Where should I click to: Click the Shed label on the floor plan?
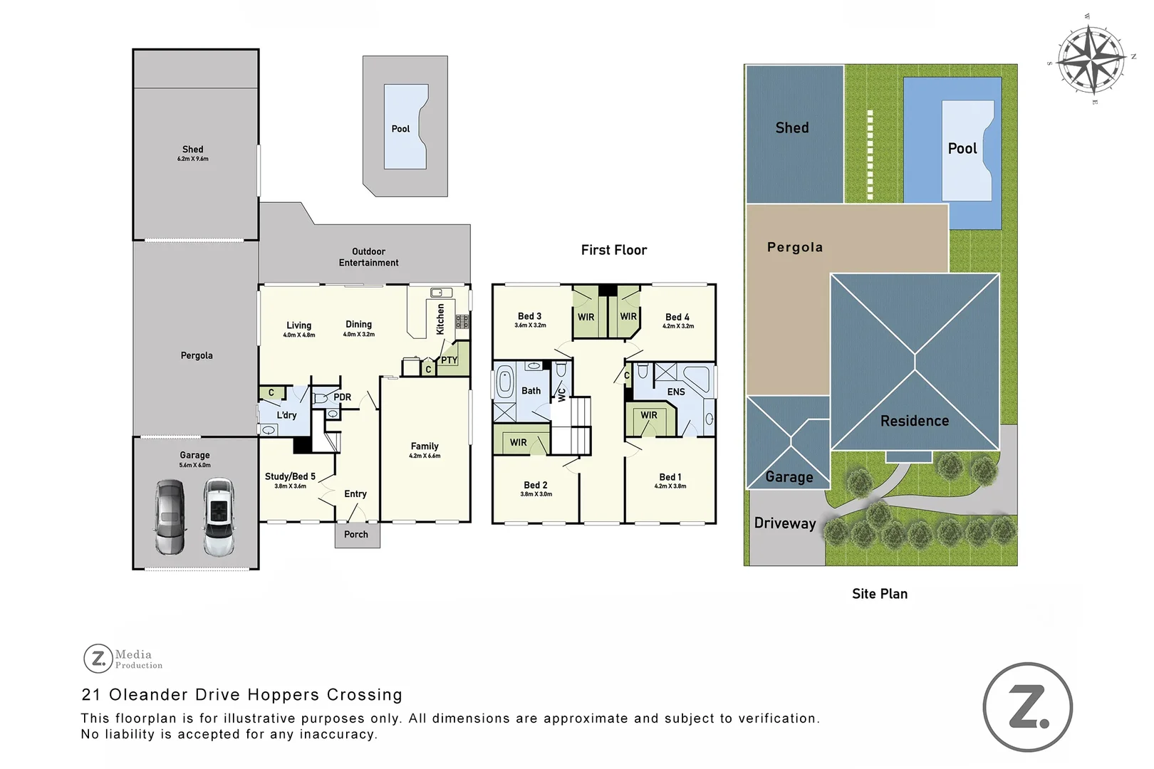(x=192, y=150)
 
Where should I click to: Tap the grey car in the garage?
(x=170, y=517)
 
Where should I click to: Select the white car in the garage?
(x=219, y=517)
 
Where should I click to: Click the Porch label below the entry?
(x=356, y=534)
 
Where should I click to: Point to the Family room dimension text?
(x=425, y=456)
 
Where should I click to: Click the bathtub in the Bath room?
(x=504, y=382)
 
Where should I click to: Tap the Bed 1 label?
(x=670, y=477)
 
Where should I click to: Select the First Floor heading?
(x=613, y=250)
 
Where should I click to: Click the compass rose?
(x=1090, y=60)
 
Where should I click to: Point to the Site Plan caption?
(x=879, y=594)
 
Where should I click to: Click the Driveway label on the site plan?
(x=784, y=523)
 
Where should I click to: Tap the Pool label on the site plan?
(x=962, y=149)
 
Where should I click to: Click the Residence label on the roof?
(x=914, y=421)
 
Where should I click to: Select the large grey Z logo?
(x=1027, y=707)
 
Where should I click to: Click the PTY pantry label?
(x=449, y=360)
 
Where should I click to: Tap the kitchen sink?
(x=441, y=293)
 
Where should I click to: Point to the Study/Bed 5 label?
(x=290, y=476)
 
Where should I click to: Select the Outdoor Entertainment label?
(x=368, y=257)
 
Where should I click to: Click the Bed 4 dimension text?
(x=677, y=326)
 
